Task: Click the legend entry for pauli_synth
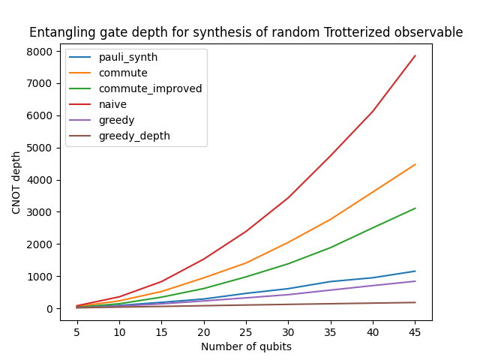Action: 128,58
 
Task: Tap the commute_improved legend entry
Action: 150,89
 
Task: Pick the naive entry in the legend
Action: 113,105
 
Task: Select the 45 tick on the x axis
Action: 415,331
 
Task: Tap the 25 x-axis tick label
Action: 246,331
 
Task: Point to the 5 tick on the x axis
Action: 77,331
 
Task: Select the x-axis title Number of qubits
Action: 246,346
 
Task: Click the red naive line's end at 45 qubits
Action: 415,55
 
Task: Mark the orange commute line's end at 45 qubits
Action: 415,164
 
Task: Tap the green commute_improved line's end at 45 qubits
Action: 415,208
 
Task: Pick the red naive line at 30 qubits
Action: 289,197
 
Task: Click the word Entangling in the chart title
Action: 59,33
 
